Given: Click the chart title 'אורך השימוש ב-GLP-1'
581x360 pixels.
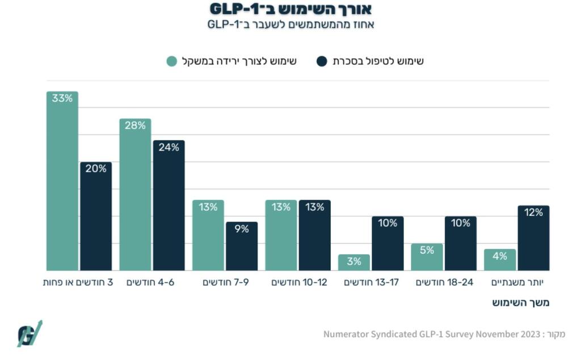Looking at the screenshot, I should (290, 9).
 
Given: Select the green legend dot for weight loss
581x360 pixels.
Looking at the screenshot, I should (172, 61).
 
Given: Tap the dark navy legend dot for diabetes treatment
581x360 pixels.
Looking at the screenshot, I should (322, 61).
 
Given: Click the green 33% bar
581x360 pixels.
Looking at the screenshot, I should (62, 182).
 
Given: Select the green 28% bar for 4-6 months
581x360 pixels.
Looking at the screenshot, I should (135, 195).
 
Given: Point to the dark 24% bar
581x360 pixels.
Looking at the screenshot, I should (169, 206).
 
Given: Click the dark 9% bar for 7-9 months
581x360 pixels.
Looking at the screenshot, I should (242, 246).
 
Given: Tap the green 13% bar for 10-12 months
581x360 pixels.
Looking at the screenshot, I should (281, 236).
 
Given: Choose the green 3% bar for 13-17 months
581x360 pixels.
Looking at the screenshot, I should (354, 262).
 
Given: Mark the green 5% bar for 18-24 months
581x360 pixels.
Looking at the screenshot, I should (427, 257).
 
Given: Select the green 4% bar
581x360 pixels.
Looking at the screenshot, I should (500, 260).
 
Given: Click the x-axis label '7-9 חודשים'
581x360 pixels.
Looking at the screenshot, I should (225, 282).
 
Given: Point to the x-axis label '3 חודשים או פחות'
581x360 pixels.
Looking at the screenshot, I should (78, 282).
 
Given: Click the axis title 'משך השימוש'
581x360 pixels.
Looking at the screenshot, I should (521, 303).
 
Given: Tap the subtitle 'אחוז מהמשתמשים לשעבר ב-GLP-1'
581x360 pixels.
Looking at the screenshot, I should (290, 24).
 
